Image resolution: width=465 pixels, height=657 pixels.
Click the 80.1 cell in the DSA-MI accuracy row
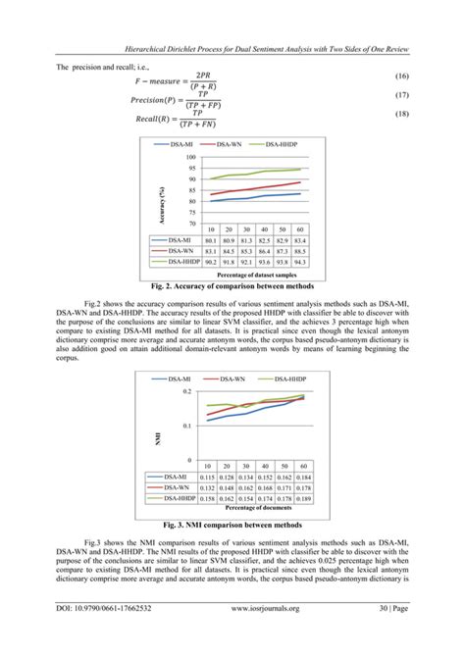208,239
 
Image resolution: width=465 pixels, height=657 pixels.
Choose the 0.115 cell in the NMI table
208,477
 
